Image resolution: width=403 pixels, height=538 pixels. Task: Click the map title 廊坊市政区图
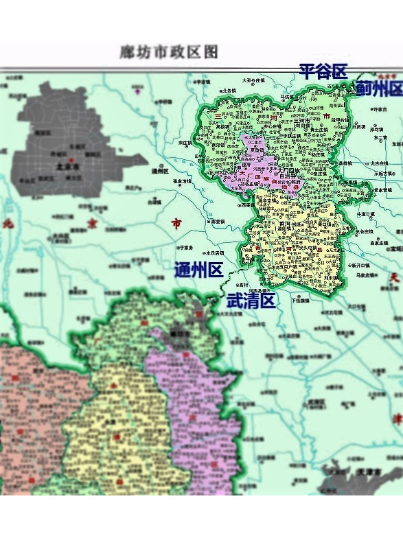point(169,51)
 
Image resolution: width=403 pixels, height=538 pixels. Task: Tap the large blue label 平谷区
point(323,71)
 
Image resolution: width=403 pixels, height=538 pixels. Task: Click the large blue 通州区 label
point(198,270)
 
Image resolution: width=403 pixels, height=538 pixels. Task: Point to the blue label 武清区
point(251,300)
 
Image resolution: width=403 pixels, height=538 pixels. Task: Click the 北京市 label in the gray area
point(64,166)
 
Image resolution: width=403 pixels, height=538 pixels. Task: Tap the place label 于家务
point(185,248)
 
